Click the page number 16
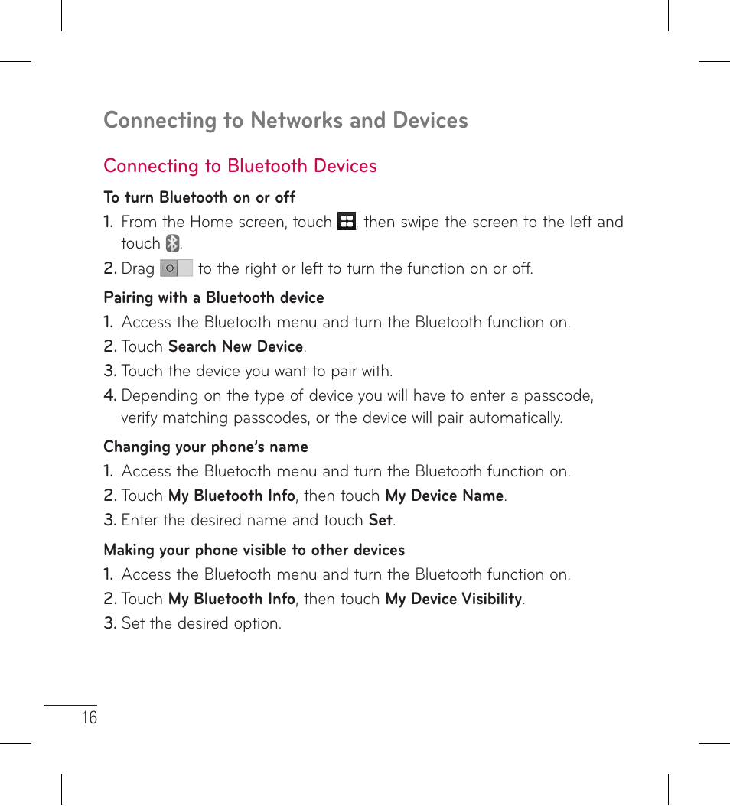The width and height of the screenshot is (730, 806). point(90,717)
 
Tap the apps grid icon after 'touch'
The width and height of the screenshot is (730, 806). point(347,222)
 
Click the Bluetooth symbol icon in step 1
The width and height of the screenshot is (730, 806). point(173,244)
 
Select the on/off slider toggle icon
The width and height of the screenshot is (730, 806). point(176,268)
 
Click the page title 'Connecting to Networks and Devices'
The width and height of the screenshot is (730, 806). point(285,120)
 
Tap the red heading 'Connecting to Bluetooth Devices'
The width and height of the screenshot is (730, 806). point(240,166)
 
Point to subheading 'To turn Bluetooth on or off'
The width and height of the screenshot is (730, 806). point(199,197)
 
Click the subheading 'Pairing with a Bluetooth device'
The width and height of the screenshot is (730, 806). point(213,297)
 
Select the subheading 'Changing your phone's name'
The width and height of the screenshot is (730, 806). point(206,447)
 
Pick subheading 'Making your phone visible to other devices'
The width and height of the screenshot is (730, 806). point(254,550)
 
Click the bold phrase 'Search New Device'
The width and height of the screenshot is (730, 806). point(236,346)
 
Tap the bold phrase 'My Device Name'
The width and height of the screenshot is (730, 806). point(444,496)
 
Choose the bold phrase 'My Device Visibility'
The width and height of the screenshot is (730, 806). point(454,599)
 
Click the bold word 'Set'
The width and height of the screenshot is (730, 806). point(380,520)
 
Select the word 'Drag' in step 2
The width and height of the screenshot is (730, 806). point(138,268)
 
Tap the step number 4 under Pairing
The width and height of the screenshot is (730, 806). point(109,395)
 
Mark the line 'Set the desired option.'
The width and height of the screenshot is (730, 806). point(201,623)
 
